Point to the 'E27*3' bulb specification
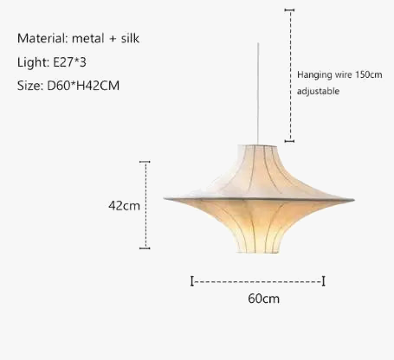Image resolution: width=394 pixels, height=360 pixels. tap(70, 62)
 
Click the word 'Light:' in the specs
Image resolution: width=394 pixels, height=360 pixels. tap(32, 62)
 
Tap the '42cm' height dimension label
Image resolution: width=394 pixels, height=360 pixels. tap(124, 206)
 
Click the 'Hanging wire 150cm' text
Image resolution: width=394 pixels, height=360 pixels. tap(339, 75)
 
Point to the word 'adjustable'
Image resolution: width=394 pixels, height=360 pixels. tap(318, 91)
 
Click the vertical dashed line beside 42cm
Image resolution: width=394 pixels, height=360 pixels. tap(145, 204)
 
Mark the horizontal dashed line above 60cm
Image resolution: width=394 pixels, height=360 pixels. tap(257, 281)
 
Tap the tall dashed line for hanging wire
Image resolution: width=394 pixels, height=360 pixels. tap(289, 74)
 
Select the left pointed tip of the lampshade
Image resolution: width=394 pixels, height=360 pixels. tap(166, 201)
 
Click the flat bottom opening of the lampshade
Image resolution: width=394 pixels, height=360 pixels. tap(258, 252)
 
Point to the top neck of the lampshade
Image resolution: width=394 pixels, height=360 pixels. tap(258, 147)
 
